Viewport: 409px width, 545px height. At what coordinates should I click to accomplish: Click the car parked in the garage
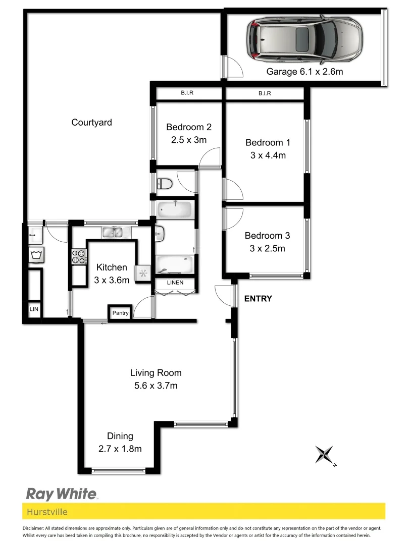[304, 40]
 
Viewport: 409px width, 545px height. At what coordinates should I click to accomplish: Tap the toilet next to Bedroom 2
[165, 183]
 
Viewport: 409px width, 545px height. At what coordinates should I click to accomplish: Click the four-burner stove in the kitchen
[79, 257]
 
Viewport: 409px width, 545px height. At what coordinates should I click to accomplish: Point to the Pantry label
[120, 313]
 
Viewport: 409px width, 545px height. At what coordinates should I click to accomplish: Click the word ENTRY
[258, 299]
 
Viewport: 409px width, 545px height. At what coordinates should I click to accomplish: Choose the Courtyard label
[91, 122]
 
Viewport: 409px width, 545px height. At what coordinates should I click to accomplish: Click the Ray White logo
[61, 493]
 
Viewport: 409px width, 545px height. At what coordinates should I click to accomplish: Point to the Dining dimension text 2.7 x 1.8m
[120, 448]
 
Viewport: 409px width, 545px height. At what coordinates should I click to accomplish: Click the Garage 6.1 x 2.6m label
[304, 72]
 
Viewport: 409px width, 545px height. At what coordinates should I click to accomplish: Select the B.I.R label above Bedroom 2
[187, 93]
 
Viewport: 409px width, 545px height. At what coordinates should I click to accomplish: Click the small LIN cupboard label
[34, 309]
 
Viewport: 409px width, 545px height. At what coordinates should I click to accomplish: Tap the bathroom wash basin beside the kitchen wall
[159, 233]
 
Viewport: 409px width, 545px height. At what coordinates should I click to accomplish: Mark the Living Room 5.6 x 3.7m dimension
[156, 386]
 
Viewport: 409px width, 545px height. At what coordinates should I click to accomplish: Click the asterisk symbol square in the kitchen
[143, 274]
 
